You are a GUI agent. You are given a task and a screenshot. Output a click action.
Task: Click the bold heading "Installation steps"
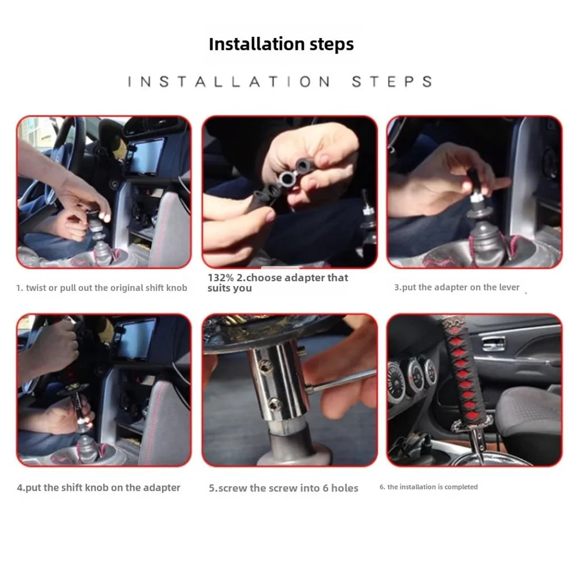point(281,44)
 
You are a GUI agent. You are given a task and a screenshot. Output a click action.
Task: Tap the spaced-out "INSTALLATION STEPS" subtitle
point(281,81)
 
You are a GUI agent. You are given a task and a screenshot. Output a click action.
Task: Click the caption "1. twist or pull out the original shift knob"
point(102,288)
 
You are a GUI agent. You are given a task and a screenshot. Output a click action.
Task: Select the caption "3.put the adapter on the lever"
point(457,287)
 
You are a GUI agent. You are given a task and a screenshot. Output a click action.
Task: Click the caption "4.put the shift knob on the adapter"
point(98,487)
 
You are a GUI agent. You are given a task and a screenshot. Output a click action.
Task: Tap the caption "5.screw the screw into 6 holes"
point(283,488)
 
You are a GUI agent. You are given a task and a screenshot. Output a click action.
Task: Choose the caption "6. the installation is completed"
point(428,487)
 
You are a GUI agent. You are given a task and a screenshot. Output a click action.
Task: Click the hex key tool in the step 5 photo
point(340,382)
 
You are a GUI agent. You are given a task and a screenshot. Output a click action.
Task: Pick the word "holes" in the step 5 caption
point(345,488)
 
